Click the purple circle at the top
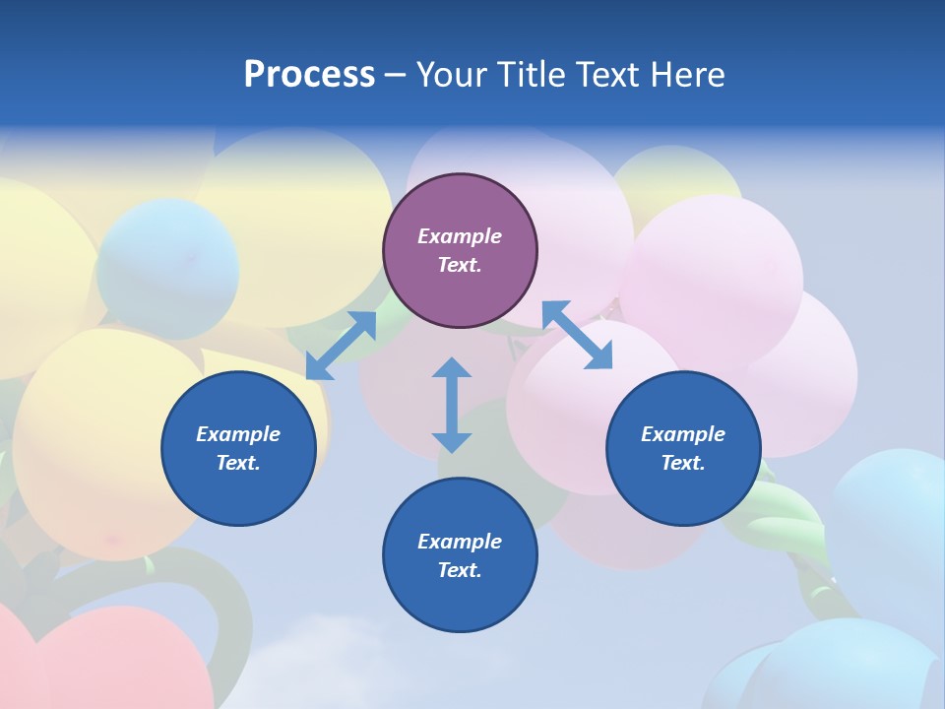(x=460, y=250)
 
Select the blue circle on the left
(x=238, y=448)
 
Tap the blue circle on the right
(x=683, y=448)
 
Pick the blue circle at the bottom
(x=460, y=555)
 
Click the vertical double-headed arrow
(x=452, y=405)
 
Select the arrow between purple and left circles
(x=341, y=346)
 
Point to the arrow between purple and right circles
(x=578, y=336)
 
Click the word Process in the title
(x=309, y=74)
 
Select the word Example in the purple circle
(x=460, y=236)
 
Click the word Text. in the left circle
(x=238, y=463)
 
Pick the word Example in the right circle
(x=683, y=434)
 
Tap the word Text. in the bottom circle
(x=460, y=570)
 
